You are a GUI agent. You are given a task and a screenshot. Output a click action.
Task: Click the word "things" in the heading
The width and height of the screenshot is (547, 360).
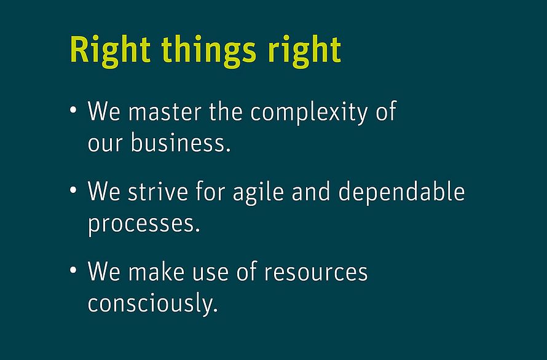pos(209,51)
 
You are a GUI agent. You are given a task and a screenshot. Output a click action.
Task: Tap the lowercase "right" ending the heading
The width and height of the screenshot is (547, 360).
pos(304,51)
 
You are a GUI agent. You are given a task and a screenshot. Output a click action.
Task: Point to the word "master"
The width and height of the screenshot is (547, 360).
pos(165,112)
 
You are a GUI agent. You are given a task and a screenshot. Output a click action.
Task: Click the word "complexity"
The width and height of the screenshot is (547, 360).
pos(309,112)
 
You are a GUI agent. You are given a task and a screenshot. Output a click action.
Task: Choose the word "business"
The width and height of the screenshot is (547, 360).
pos(181,143)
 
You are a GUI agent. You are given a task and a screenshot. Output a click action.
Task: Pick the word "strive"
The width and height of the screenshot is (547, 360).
pos(158,192)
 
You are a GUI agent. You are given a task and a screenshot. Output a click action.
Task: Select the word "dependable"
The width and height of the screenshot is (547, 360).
pos(401,191)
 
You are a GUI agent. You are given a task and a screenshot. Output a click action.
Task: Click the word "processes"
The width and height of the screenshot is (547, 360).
pos(144,224)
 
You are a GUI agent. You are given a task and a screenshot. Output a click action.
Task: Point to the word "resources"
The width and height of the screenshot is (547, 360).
pos(316,272)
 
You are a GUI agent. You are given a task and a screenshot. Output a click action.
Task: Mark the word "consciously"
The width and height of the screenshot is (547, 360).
pos(153,303)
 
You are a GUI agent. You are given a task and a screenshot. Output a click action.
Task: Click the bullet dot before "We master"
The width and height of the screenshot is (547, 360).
pos(73,110)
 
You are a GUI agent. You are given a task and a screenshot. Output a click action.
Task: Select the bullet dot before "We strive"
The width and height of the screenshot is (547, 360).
pos(73,190)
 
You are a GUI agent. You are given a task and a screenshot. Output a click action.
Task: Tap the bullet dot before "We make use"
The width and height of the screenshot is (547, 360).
pos(73,270)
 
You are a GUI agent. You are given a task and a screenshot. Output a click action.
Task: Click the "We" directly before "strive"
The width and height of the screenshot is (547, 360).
pos(104,192)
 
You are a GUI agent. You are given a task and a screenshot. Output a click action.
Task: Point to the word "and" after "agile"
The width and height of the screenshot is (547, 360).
pos(311,191)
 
